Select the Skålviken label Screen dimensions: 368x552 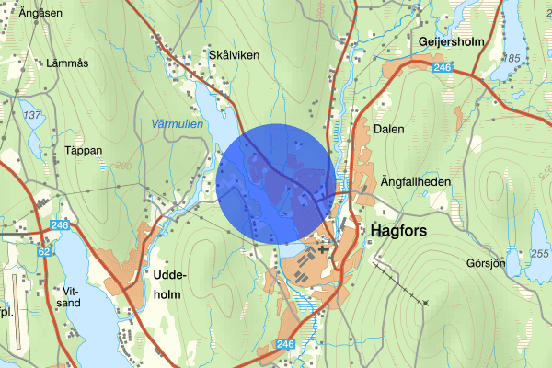pyautogui.click(x=235, y=55)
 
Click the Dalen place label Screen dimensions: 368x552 pyautogui.click(x=389, y=130)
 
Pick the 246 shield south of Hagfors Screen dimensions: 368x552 pyautogui.click(x=284, y=343)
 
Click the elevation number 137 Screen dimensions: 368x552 pyautogui.click(x=34, y=115)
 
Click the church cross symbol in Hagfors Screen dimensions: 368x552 pyautogui.click(x=322, y=247)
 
